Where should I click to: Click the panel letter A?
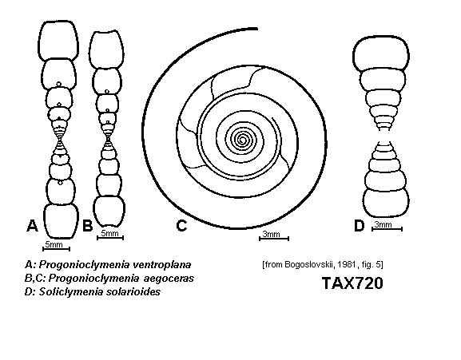point(32,225)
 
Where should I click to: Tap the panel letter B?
point(87,226)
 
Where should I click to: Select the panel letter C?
point(181,226)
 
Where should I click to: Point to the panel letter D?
point(359,226)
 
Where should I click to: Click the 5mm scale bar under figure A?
point(56,249)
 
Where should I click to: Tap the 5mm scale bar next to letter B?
point(110,238)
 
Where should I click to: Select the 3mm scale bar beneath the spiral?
point(274,239)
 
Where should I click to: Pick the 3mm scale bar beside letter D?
point(387,229)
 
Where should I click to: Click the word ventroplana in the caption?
point(162,264)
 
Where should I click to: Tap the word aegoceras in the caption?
point(169,278)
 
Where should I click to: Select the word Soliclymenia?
point(71,292)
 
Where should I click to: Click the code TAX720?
point(352,283)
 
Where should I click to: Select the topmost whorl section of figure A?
point(58,41)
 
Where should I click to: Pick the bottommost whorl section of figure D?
point(386,202)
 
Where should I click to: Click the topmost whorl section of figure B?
point(106,49)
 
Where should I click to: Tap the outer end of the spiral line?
point(256,29)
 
